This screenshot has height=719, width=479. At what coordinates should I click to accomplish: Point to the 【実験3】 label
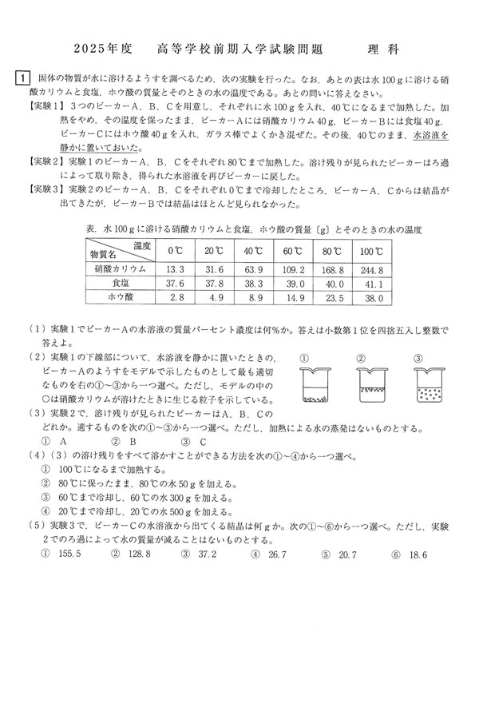[x=46, y=189]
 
